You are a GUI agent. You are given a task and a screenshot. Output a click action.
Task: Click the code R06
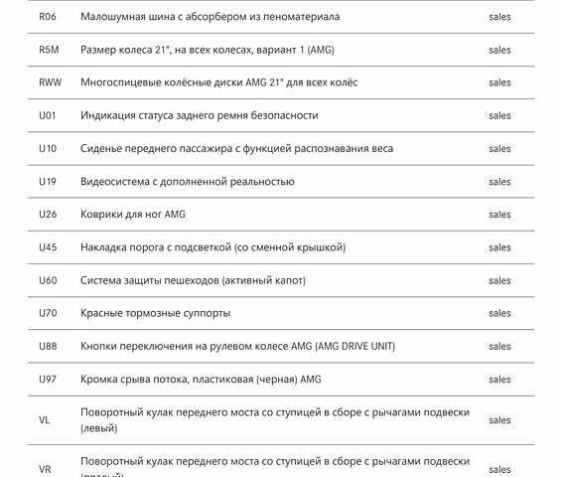48,17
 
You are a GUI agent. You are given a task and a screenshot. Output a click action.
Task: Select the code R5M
49,50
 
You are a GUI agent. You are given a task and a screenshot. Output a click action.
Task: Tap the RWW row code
50,82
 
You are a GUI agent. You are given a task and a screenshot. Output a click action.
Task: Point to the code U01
48,115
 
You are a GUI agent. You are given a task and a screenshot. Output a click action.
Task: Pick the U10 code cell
48,148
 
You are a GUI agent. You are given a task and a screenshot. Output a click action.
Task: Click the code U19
48,181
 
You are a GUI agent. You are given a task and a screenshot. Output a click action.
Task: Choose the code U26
48,214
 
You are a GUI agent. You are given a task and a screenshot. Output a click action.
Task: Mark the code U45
48,246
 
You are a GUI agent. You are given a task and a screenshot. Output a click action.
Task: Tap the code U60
48,280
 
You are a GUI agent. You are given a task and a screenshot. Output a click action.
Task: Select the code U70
48,313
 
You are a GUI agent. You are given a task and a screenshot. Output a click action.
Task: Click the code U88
48,346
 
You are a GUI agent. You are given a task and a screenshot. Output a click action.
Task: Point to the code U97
48,379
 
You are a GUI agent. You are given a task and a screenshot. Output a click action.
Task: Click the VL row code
45,420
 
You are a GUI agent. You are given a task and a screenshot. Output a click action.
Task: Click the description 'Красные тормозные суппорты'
156,313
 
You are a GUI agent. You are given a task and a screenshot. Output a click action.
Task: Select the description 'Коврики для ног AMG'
133,214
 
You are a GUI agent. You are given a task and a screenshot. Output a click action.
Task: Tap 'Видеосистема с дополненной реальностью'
188,181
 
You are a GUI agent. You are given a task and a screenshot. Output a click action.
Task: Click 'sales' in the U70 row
499,313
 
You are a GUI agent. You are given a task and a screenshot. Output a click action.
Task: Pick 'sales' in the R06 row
499,17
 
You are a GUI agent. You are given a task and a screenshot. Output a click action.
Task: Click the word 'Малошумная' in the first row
112,17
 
